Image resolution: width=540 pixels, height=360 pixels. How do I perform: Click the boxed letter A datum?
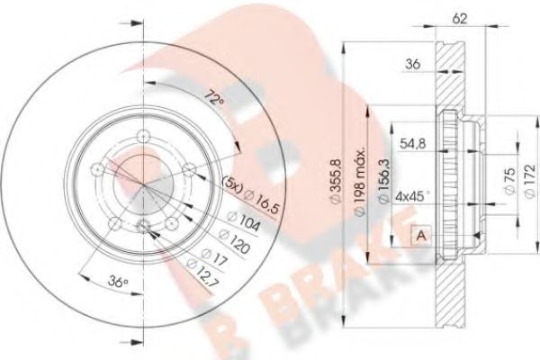tap(419, 235)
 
